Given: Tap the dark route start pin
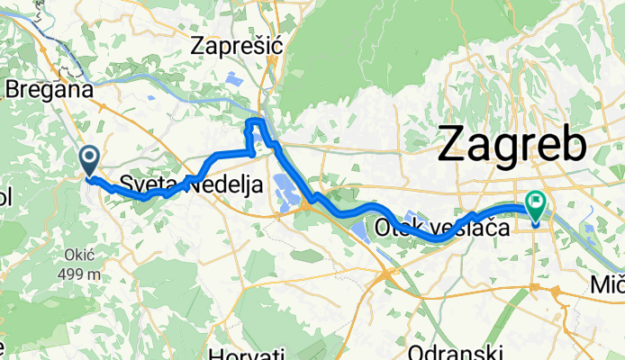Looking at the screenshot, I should tap(90, 162).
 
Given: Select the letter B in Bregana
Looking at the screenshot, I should tap(12, 89).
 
